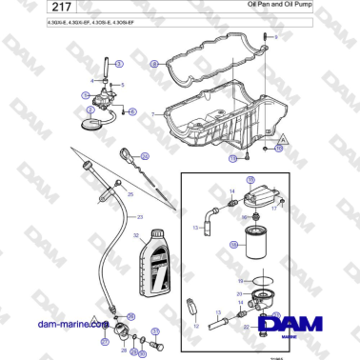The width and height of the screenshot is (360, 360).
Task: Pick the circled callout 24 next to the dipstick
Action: (144, 155)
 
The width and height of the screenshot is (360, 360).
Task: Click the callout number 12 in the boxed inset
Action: (196, 325)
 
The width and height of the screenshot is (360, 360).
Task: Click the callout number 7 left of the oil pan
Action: (151, 114)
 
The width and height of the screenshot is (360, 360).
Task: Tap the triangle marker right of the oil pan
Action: (284, 138)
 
